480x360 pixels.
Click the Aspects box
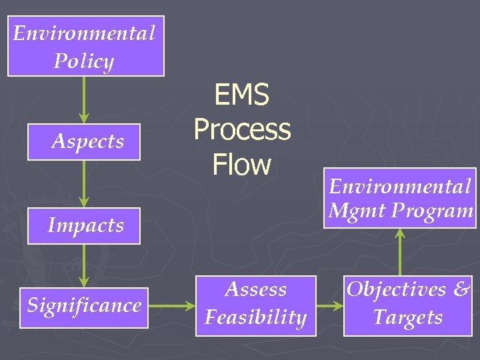pyautogui.click(x=84, y=141)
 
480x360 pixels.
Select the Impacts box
pyautogui.click(x=84, y=225)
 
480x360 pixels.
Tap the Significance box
pyautogui.click(x=84, y=305)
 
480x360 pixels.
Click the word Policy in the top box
pyautogui.click(x=84, y=61)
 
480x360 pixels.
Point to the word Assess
pyautogui.click(x=256, y=289)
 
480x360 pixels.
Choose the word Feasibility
pyautogui.click(x=256, y=317)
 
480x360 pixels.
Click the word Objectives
pyautogui.click(x=396, y=289)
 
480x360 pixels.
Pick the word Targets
pyautogui.click(x=408, y=317)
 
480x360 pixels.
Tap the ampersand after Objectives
pyautogui.click(x=461, y=289)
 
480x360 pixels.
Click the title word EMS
pyautogui.click(x=242, y=95)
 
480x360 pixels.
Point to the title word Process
pyautogui.click(x=242, y=129)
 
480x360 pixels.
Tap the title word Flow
pyautogui.click(x=242, y=164)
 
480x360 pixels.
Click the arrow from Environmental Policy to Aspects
pyautogui.click(x=84, y=99)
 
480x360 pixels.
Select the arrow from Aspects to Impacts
pyautogui.click(x=84, y=183)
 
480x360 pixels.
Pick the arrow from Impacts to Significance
pyautogui.click(x=84, y=266)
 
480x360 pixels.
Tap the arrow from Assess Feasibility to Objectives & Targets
pyautogui.click(x=329, y=307)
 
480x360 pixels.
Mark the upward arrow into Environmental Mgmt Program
pyautogui.click(x=400, y=252)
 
